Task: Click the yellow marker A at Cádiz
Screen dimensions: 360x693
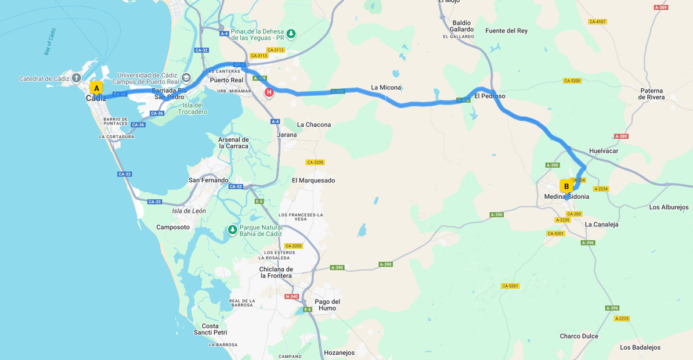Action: pos(96,88)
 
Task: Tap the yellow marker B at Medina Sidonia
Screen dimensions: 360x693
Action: pos(566,186)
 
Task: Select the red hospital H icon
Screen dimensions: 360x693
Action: pos(269,92)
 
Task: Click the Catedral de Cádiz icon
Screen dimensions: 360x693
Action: pos(76,78)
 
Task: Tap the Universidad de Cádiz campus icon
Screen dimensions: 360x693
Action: pos(186,78)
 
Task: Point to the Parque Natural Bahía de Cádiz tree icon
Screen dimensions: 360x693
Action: pos(232,230)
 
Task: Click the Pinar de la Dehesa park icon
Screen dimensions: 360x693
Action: pos(291,34)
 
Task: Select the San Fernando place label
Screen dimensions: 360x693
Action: pos(208,180)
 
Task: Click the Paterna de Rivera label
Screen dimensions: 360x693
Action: pos(651,94)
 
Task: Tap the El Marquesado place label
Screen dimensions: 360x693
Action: pos(313,180)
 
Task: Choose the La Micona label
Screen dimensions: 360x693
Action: pos(386,88)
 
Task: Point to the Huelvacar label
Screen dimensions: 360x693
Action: pos(604,151)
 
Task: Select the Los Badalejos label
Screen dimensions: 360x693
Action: pos(640,347)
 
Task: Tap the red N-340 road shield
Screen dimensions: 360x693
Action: pos(291,297)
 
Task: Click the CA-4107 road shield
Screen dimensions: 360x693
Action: pos(597,22)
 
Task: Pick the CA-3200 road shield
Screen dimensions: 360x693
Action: pos(572,81)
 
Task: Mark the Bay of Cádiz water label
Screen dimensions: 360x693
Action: pos(50,42)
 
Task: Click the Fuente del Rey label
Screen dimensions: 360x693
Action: pos(506,31)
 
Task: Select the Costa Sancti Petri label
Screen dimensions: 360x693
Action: pos(210,329)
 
